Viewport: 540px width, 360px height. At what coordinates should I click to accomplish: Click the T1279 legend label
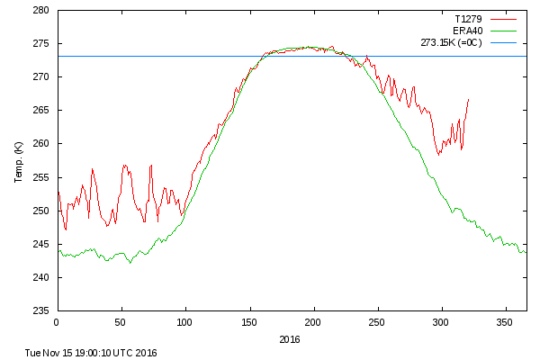(467, 17)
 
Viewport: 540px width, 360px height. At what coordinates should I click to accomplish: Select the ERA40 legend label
(467, 30)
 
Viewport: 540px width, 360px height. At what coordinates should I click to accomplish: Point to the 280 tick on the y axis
(42, 11)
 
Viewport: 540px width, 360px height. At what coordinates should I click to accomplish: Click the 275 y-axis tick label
(42, 44)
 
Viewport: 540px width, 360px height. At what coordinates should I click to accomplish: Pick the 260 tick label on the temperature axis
(42, 144)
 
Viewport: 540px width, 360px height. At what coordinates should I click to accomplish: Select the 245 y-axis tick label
(42, 244)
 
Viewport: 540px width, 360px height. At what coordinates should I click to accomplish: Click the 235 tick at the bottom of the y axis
(42, 310)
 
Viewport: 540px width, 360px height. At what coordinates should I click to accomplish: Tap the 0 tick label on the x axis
(57, 321)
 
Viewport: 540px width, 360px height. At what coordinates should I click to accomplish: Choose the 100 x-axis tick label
(185, 321)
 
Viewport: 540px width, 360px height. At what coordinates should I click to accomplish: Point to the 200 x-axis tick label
(313, 321)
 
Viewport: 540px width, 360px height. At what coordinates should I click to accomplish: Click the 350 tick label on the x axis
(506, 321)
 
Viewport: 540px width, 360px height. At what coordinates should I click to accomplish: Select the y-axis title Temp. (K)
(19, 161)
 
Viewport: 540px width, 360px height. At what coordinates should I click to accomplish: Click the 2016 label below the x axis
(290, 339)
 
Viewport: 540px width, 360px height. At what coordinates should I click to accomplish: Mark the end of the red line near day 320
(469, 99)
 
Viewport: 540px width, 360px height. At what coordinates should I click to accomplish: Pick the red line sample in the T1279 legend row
(507, 17)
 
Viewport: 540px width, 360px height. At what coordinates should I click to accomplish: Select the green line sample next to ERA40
(507, 30)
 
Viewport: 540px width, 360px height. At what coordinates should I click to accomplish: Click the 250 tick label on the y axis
(42, 211)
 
